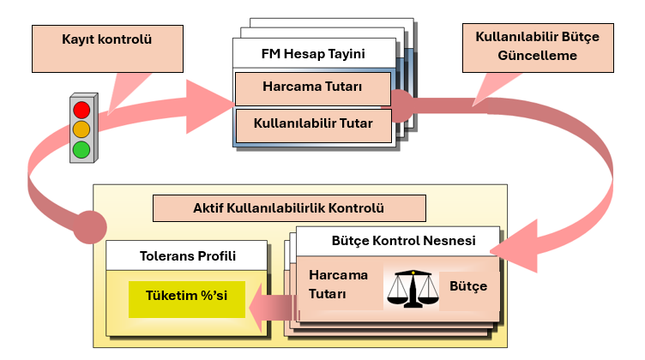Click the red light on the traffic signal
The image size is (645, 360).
click(81, 109)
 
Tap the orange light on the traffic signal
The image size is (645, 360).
click(81, 129)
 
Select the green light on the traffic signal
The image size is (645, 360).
click(81, 149)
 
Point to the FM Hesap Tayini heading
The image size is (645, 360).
click(312, 54)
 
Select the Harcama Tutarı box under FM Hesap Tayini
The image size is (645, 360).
click(312, 87)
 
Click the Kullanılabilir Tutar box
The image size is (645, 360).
click(312, 123)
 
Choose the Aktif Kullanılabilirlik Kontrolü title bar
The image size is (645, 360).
click(288, 207)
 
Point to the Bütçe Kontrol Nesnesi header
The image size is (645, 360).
click(403, 240)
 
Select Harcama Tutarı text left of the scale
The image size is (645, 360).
click(338, 285)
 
